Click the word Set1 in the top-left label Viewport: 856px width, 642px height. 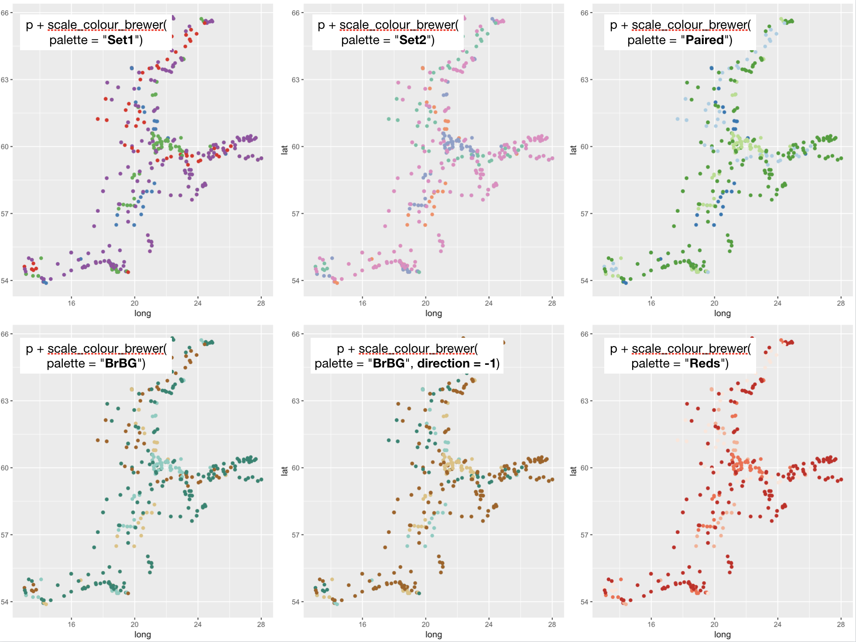pyautogui.click(x=120, y=40)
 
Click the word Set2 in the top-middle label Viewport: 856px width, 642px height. pyautogui.click(x=412, y=40)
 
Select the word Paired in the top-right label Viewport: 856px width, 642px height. pyautogui.click(x=704, y=40)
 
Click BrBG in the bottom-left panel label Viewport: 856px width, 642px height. pyautogui.click(x=121, y=364)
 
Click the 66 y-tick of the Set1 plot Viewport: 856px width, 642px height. pyautogui.click(x=4, y=13)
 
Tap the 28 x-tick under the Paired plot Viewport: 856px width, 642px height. pyautogui.click(x=840, y=303)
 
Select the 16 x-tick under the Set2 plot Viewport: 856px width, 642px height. pyautogui.click(x=363, y=303)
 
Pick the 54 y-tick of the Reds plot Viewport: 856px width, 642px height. pyautogui.click(x=584, y=602)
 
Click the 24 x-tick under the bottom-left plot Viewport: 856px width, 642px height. pyautogui.click(x=198, y=625)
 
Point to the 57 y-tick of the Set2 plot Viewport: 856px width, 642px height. pyautogui.click(x=296, y=214)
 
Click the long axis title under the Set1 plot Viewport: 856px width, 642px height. pyautogui.click(x=143, y=313)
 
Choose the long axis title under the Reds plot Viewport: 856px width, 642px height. pyautogui.click(x=722, y=635)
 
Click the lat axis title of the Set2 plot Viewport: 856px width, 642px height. pyautogui.click(x=284, y=150)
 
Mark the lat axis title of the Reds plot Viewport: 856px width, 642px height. pyautogui.click(x=573, y=471)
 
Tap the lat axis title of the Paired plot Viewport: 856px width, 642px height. pyautogui.click(x=573, y=150)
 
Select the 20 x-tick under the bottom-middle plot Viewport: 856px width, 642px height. pyautogui.click(x=425, y=625)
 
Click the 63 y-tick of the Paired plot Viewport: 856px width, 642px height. pyautogui.click(x=584, y=80)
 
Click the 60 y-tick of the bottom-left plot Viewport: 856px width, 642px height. pyautogui.click(x=4, y=468)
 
